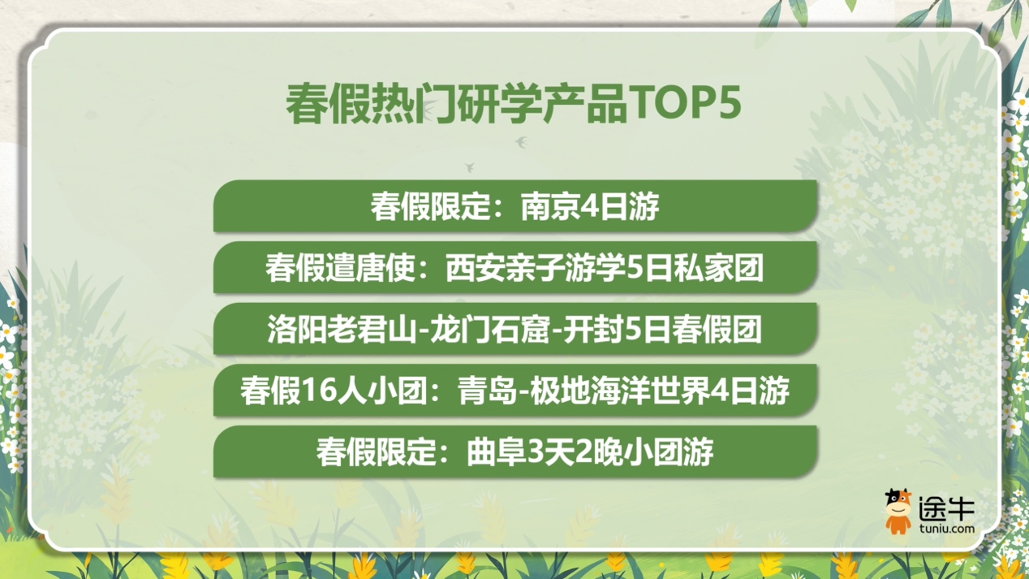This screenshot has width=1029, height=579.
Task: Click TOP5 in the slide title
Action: [686, 104]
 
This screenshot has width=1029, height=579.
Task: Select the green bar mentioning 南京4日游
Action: [515, 206]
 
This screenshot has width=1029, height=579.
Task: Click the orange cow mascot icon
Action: [898, 511]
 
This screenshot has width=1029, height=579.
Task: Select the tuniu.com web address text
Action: [945, 529]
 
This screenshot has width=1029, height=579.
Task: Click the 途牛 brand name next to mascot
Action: [945, 508]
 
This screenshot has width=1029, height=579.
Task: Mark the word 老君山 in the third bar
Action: [370, 330]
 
